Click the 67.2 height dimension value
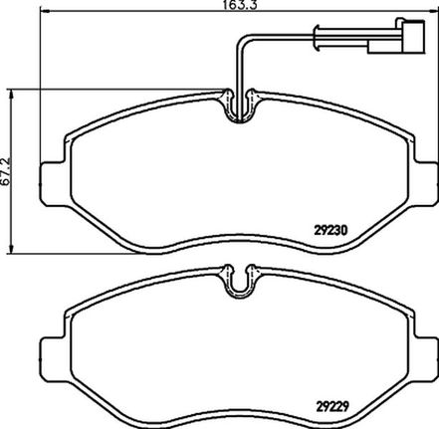click(6, 171)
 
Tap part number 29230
click(330, 230)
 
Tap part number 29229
click(330, 406)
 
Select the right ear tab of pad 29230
click(425, 183)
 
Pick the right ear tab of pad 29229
click(425, 359)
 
